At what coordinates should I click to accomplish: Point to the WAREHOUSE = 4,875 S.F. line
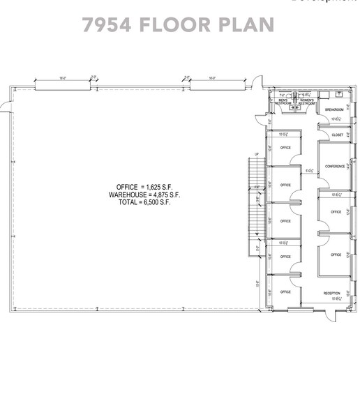coord(144,195)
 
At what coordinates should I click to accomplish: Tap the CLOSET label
coord(338,135)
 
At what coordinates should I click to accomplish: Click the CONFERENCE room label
coord(335,166)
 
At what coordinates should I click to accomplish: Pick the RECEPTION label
coord(331,293)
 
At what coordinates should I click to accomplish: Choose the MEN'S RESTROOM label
coord(283,102)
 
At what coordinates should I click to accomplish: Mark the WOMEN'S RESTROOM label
coord(307,102)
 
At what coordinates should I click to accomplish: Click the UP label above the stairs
coord(257,154)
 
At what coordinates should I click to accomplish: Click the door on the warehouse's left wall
coord(6,105)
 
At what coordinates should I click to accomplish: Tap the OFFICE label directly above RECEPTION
coord(336,255)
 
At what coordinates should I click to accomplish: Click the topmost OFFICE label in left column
coord(285,148)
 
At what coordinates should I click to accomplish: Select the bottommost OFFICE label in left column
coord(285,291)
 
